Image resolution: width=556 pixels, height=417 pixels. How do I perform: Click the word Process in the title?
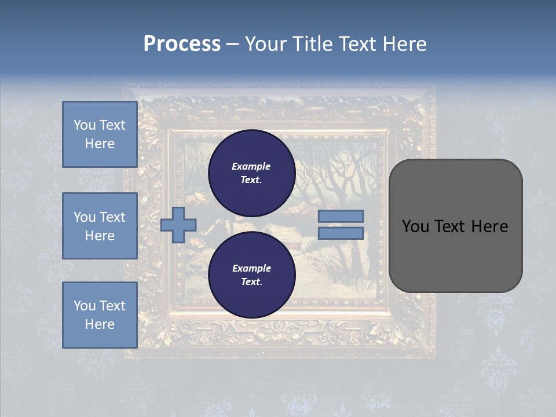[x=182, y=44]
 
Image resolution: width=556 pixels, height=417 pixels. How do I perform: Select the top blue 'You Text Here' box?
[x=100, y=134]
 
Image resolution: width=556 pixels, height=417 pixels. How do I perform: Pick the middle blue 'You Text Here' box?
[x=100, y=226]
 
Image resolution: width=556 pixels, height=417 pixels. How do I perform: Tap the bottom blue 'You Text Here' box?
[x=100, y=314]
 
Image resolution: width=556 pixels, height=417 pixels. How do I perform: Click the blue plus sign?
[x=178, y=224]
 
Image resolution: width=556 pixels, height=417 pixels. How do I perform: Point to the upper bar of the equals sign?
[x=341, y=216]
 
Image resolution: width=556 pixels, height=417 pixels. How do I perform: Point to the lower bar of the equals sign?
[x=341, y=233]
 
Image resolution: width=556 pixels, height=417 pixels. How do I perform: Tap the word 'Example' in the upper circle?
[x=251, y=166]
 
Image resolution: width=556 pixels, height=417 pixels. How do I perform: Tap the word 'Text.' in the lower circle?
[x=251, y=282]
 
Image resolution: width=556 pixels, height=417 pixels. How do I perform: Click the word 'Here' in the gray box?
[x=489, y=226]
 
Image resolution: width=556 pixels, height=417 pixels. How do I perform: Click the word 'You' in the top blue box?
[x=85, y=125]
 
